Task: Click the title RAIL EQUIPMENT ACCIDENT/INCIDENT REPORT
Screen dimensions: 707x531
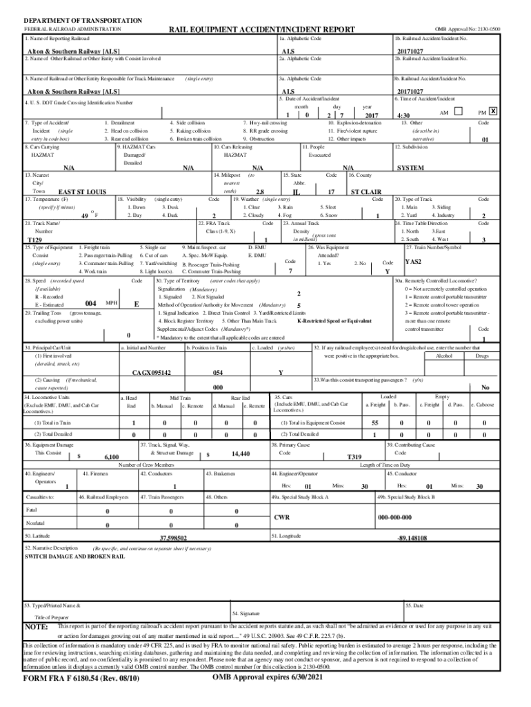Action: tap(262, 30)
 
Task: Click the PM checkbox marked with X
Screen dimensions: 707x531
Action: tap(494, 111)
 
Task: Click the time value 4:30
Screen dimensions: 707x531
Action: tap(404, 115)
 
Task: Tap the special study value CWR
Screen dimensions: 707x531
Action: tap(283, 517)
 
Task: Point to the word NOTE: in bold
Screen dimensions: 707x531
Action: tap(36, 627)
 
